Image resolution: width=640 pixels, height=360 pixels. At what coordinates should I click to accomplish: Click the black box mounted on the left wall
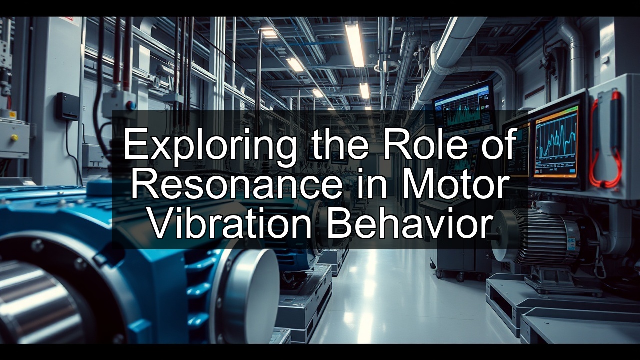coord(66,106)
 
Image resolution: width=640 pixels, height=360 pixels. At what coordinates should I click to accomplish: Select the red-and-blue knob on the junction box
coord(131,105)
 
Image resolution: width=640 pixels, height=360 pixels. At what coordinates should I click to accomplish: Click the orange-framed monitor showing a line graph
coord(555,142)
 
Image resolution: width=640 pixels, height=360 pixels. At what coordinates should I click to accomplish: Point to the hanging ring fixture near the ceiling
coord(386,66)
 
